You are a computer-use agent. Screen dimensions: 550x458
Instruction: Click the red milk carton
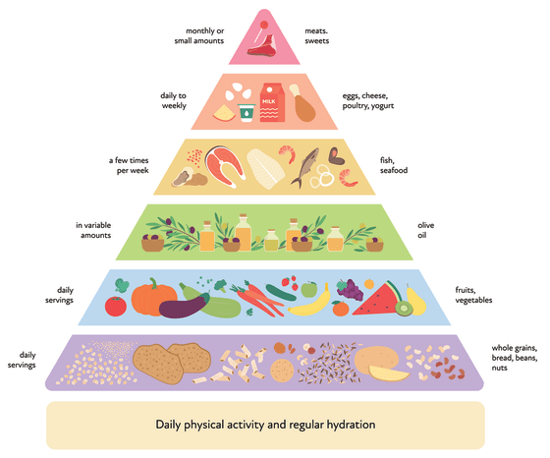[x=272, y=102]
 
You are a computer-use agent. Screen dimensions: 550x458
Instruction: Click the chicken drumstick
[x=302, y=103]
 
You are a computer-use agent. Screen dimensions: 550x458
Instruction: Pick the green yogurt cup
[x=247, y=113]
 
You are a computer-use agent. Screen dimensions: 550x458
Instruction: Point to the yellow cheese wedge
[x=225, y=113]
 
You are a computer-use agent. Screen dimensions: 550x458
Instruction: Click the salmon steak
[x=224, y=166]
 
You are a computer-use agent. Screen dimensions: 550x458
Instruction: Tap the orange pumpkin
[x=153, y=298]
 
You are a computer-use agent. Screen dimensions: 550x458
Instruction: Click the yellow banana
[x=310, y=303]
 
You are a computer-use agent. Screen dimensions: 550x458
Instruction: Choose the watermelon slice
[x=377, y=299]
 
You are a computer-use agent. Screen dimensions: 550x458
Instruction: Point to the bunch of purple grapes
[x=350, y=290]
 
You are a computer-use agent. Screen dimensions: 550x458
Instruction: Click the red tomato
[x=116, y=307]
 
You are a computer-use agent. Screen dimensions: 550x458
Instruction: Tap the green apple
[x=309, y=289]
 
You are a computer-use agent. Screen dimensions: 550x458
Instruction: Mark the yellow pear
[x=416, y=300]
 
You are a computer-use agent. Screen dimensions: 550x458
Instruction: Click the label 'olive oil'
[x=426, y=230]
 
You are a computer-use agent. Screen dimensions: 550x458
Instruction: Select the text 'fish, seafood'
[x=394, y=165]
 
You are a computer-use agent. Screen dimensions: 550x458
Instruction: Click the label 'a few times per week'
[x=129, y=165]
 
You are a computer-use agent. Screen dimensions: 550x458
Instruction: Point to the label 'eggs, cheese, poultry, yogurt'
[x=368, y=100]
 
